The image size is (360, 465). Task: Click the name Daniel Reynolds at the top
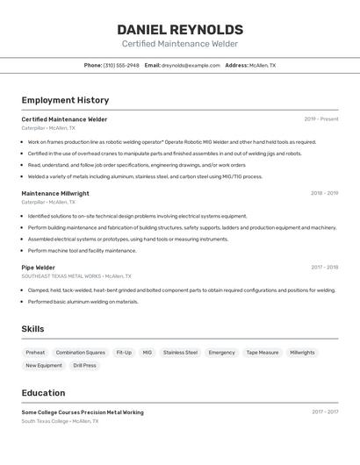(x=179, y=29)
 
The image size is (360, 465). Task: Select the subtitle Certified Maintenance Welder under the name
(x=179, y=44)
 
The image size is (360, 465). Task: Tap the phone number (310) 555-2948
(x=121, y=65)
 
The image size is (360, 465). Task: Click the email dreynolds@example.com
(x=191, y=65)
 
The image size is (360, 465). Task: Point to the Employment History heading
(x=65, y=100)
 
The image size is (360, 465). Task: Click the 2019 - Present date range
(x=320, y=119)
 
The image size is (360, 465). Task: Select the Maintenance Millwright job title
(x=55, y=193)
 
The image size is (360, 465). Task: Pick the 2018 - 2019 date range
(x=324, y=193)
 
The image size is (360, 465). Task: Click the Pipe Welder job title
(x=39, y=268)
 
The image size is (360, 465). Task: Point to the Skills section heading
(x=33, y=329)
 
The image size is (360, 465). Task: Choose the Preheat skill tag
(x=36, y=353)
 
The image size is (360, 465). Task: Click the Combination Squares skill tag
(x=80, y=353)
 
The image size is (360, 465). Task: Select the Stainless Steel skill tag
(x=180, y=353)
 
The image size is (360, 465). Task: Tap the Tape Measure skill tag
(x=262, y=353)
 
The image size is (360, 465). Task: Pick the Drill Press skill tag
(x=85, y=365)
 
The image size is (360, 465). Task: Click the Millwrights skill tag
(x=302, y=353)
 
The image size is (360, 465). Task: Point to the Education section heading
(x=43, y=393)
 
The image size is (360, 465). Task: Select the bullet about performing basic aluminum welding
(x=83, y=302)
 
